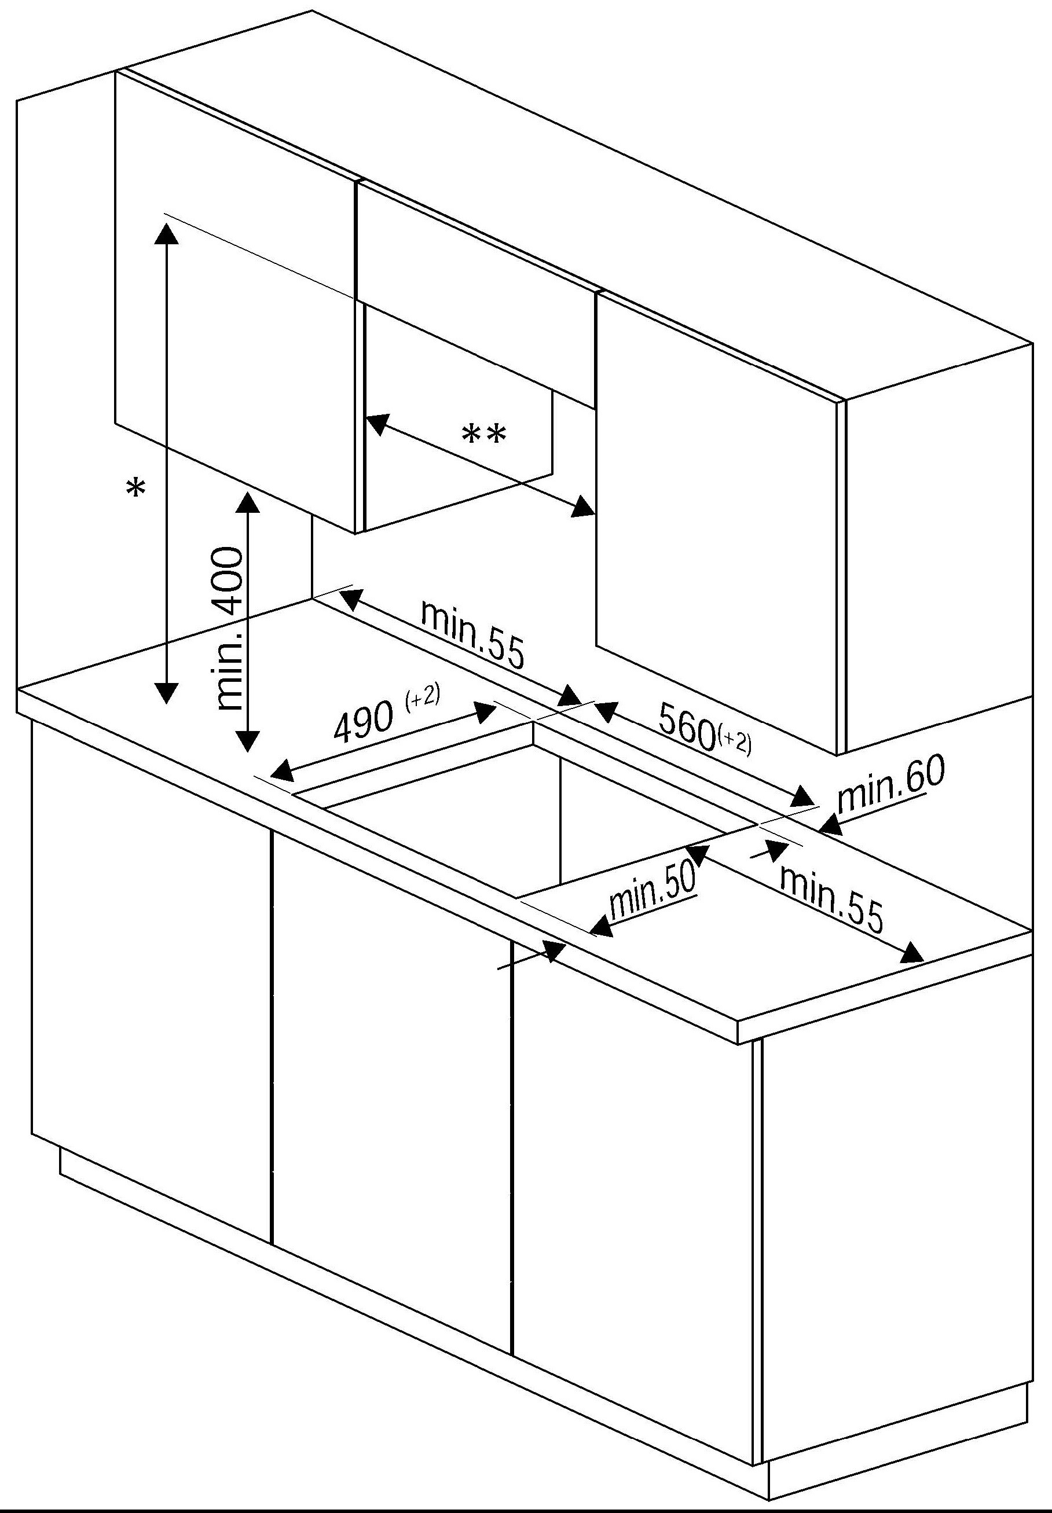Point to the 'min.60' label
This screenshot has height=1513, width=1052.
point(890,784)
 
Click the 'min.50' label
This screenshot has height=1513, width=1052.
point(652,891)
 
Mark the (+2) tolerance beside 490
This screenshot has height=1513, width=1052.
point(423,696)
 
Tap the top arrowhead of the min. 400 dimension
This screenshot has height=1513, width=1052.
point(247,501)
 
